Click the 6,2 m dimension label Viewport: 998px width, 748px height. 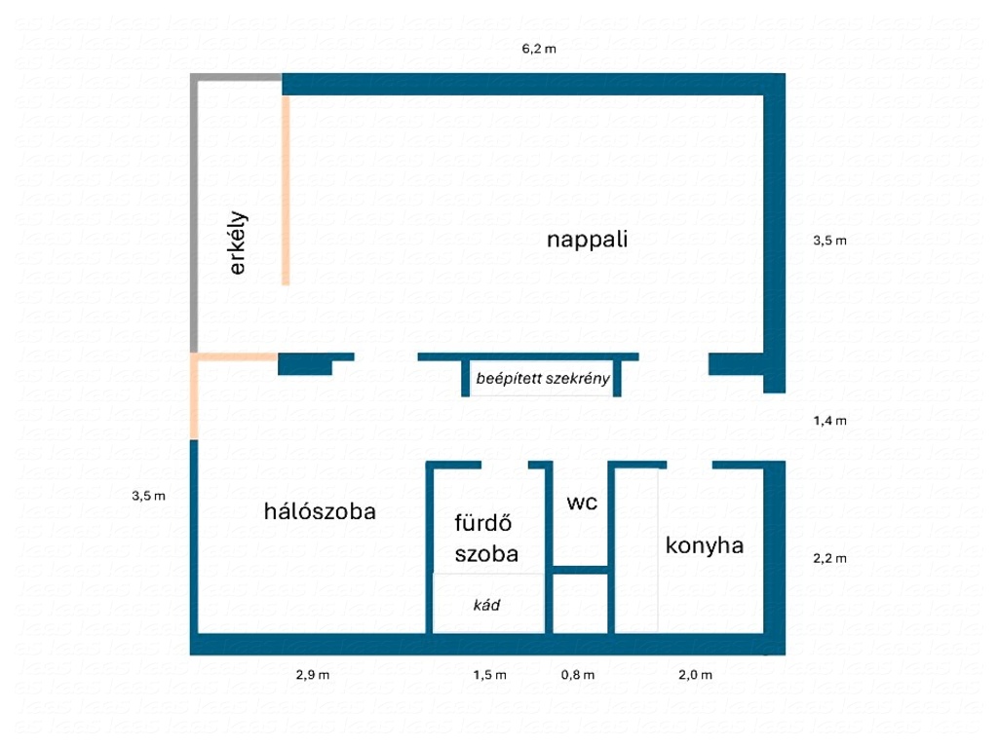point(538,49)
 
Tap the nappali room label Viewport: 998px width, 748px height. point(587,240)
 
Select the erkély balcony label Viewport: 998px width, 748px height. point(237,243)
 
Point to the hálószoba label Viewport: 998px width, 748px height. point(320,511)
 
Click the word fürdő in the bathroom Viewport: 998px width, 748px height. point(483,523)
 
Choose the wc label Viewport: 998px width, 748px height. point(582,503)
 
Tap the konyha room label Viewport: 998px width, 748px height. point(705,545)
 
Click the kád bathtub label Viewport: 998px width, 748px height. point(486,605)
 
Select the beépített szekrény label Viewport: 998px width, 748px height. point(543,379)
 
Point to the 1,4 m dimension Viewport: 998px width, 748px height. point(830,421)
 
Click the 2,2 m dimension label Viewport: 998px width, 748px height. point(830,558)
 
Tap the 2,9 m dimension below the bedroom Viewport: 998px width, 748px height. point(313,675)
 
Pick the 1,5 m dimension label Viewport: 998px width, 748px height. point(489,675)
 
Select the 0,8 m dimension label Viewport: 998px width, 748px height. point(578,675)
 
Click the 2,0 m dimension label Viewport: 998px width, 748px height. point(695,675)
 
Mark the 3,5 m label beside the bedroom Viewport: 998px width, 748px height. point(148,496)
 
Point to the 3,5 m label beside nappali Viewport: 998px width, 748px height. point(830,241)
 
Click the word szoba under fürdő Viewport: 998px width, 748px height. point(486,554)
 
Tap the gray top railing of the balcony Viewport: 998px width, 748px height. point(236,78)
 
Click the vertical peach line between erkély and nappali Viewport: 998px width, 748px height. point(286,190)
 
